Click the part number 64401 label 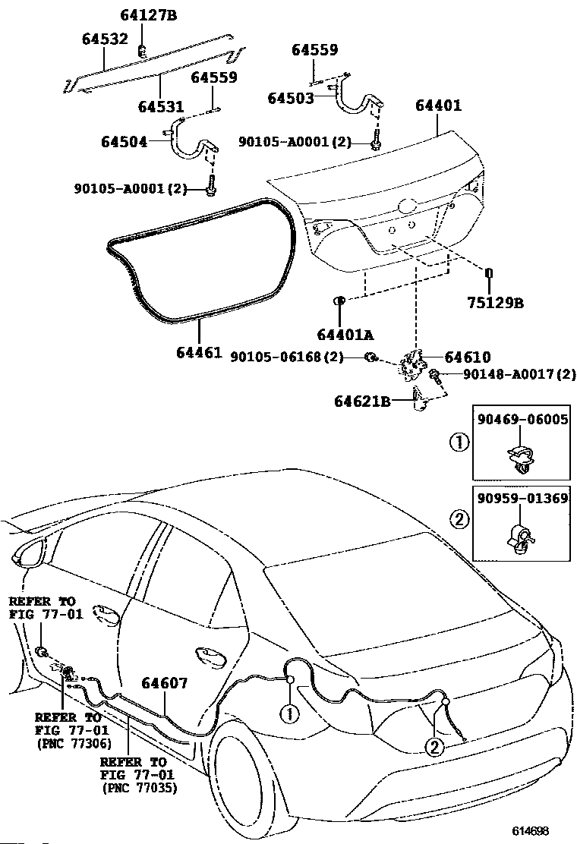[438, 106]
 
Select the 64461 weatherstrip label [198, 353]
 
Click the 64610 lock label [467, 357]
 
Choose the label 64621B [362, 402]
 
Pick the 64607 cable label [162, 683]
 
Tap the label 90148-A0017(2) [509, 375]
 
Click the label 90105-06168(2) [287, 357]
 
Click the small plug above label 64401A [340, 301]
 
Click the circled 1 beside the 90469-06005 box [458, 442]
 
